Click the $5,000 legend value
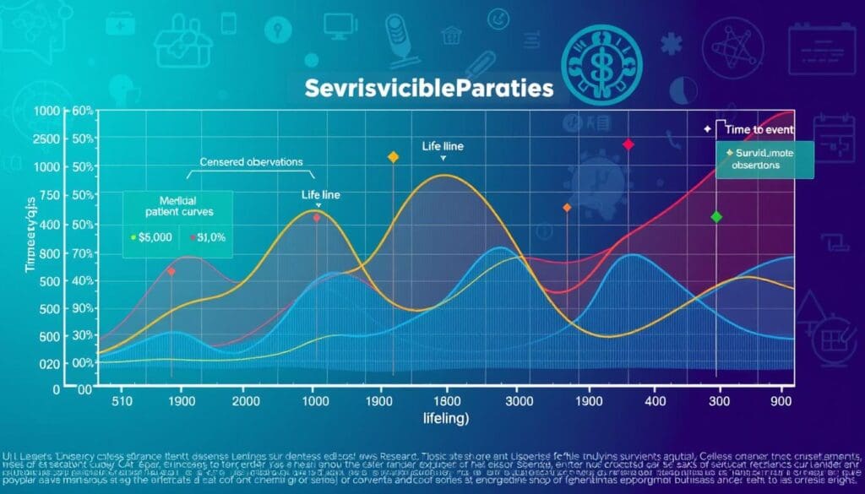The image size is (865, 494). [153, 237]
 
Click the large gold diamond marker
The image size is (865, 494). [392, 157]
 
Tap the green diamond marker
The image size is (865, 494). [717, 217]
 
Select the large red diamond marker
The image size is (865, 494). [628, 145]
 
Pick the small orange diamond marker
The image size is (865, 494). [567, 208]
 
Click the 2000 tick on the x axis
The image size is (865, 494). [245, 402]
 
